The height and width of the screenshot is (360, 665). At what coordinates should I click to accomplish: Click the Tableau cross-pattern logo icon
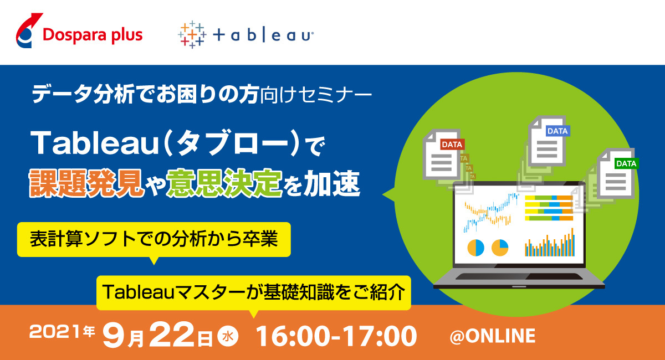[x=192, y=35]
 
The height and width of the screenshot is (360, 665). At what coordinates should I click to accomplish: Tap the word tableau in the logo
[x=263, y=35]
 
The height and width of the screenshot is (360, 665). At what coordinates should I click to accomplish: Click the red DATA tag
[x=452, y=145]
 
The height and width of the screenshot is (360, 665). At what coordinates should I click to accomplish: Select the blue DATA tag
[x=557, y=131]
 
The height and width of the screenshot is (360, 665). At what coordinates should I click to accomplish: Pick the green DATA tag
[x=626, y=163]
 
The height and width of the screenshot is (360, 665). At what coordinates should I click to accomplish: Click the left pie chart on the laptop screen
[x=475, y=248]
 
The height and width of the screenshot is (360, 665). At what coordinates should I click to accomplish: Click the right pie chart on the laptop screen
[x=500, y=248]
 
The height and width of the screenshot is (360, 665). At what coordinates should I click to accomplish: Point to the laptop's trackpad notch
[x=519, y=287]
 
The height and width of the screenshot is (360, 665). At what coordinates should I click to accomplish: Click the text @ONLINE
[x=493, y=336]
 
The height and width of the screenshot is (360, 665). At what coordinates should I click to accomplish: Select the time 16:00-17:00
[x=336, y=336]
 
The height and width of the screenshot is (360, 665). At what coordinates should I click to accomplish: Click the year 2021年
[x=62, y=331]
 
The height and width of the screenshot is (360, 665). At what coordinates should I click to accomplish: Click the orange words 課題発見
[x=86, y=183]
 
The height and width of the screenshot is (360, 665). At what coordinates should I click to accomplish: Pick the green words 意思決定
[x=224, y=183]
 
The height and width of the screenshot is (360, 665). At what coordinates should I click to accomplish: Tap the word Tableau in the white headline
[x=94, y=143]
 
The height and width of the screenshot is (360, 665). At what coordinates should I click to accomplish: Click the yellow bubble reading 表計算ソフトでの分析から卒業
[x=154, y=239]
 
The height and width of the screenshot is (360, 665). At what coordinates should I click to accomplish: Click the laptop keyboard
[x=519, y=276]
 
